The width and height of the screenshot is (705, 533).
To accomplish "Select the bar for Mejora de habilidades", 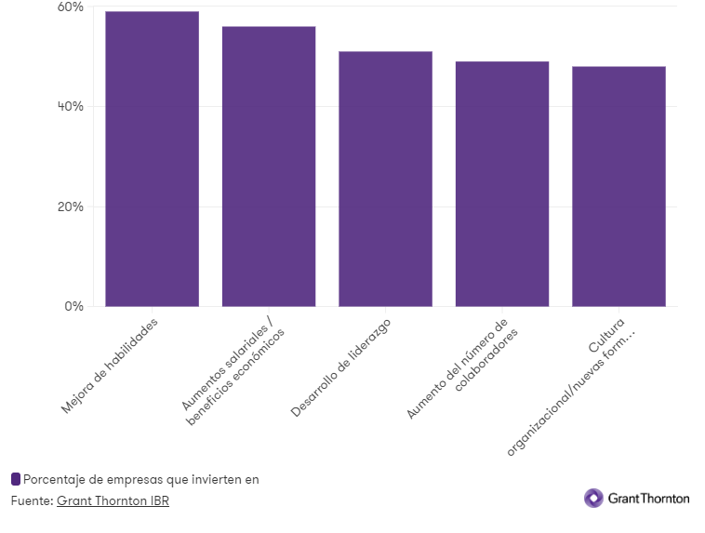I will pyautogui.click(x=152, y=158).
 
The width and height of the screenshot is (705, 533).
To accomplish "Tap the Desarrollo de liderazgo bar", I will pyautogui.click(x=385, y=179).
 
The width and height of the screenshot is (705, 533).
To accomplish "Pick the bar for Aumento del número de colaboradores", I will pyautogui.click(x=502, y=183).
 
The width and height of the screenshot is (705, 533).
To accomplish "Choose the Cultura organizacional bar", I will pyautogui.click(x=619, y=186).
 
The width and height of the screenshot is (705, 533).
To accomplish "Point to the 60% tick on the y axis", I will pyautogui.click(x=71, y=7).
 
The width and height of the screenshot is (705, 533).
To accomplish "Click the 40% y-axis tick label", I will pyautogui.click(x=71, y=107).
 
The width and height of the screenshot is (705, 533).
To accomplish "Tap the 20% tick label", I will pyautogui.click(x=71, y=207).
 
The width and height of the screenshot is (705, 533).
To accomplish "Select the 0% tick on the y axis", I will pyautogui.click(x=74, y=306).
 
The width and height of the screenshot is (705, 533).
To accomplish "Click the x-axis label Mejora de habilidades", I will pyautogui.click(x=110, y=366).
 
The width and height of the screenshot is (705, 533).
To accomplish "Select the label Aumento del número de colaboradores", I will pyautogui.click(x=462, y=369).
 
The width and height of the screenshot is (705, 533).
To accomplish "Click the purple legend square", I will pyautogui.click(x=16, y=479).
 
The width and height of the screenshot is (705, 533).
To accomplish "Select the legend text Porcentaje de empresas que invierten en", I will pyautogui.click(x=140, y=479).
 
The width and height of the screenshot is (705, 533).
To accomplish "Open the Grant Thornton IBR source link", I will pyautogui.click(x=113, y=501).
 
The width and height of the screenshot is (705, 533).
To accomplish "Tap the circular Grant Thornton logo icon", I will pyautogui.click(x=593, y=499).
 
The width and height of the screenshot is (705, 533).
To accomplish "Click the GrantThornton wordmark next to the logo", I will pyautogui.click(x=648, y=499).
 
